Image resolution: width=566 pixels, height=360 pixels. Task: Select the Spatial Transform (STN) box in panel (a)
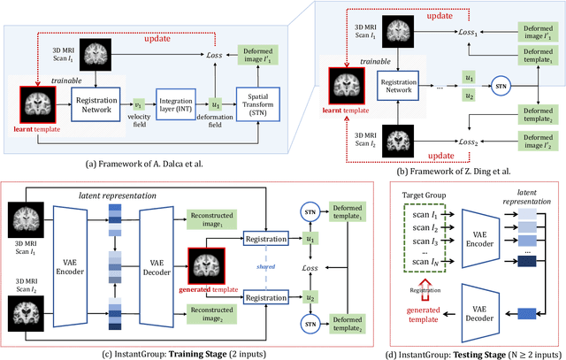tap(257, 103)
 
